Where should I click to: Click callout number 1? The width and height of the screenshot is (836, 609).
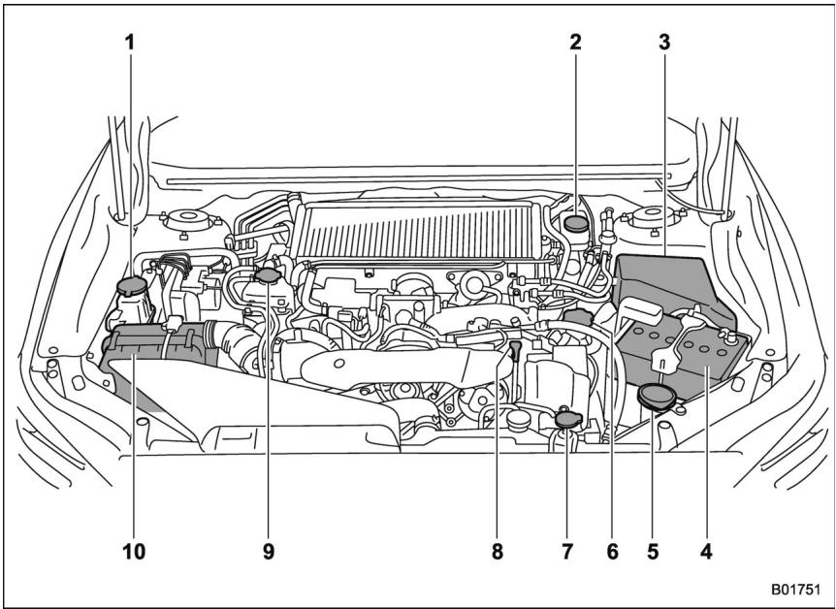pyautogui.click(x=129, y=44)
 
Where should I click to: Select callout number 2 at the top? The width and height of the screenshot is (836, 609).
pyautogui.click(x=575, y=44)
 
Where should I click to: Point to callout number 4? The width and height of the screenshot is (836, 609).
pyautogui.click(x=707, y=552)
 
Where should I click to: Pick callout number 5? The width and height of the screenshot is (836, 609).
pyautogui.click(x=654, y=552)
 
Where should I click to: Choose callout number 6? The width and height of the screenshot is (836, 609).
pyautogui.click(x=612, y=552)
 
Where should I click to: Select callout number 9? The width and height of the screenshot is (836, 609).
pyautogui.click(x=268, y=552)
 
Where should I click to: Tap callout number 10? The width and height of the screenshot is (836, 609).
pyautogui.click(x=133, y=552)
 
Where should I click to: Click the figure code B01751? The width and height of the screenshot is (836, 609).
pyautogui.click(x=794, y=589)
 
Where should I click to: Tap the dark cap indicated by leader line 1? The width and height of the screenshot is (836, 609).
pyautogui.click(x=129, y=286)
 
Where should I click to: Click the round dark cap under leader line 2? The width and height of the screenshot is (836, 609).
pyautogui.click(x=576, y=224)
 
